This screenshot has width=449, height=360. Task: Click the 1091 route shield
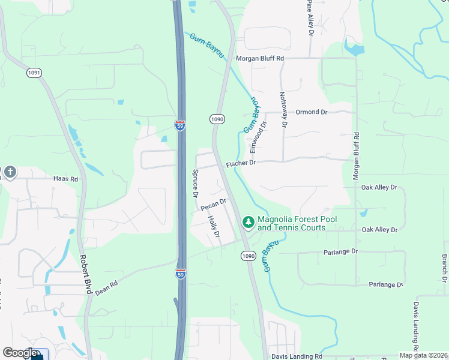[34, 73]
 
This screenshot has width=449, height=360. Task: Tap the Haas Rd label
[65, 179]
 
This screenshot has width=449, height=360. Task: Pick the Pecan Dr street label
[213, 205]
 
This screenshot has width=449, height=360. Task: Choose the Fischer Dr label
[241, 163]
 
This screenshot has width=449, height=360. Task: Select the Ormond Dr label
[312, 112]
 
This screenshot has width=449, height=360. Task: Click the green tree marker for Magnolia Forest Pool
[248, 223]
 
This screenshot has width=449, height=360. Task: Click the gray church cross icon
[10, 173]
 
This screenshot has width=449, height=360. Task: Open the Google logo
[20, 353]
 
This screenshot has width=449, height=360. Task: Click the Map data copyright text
[423, 355]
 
